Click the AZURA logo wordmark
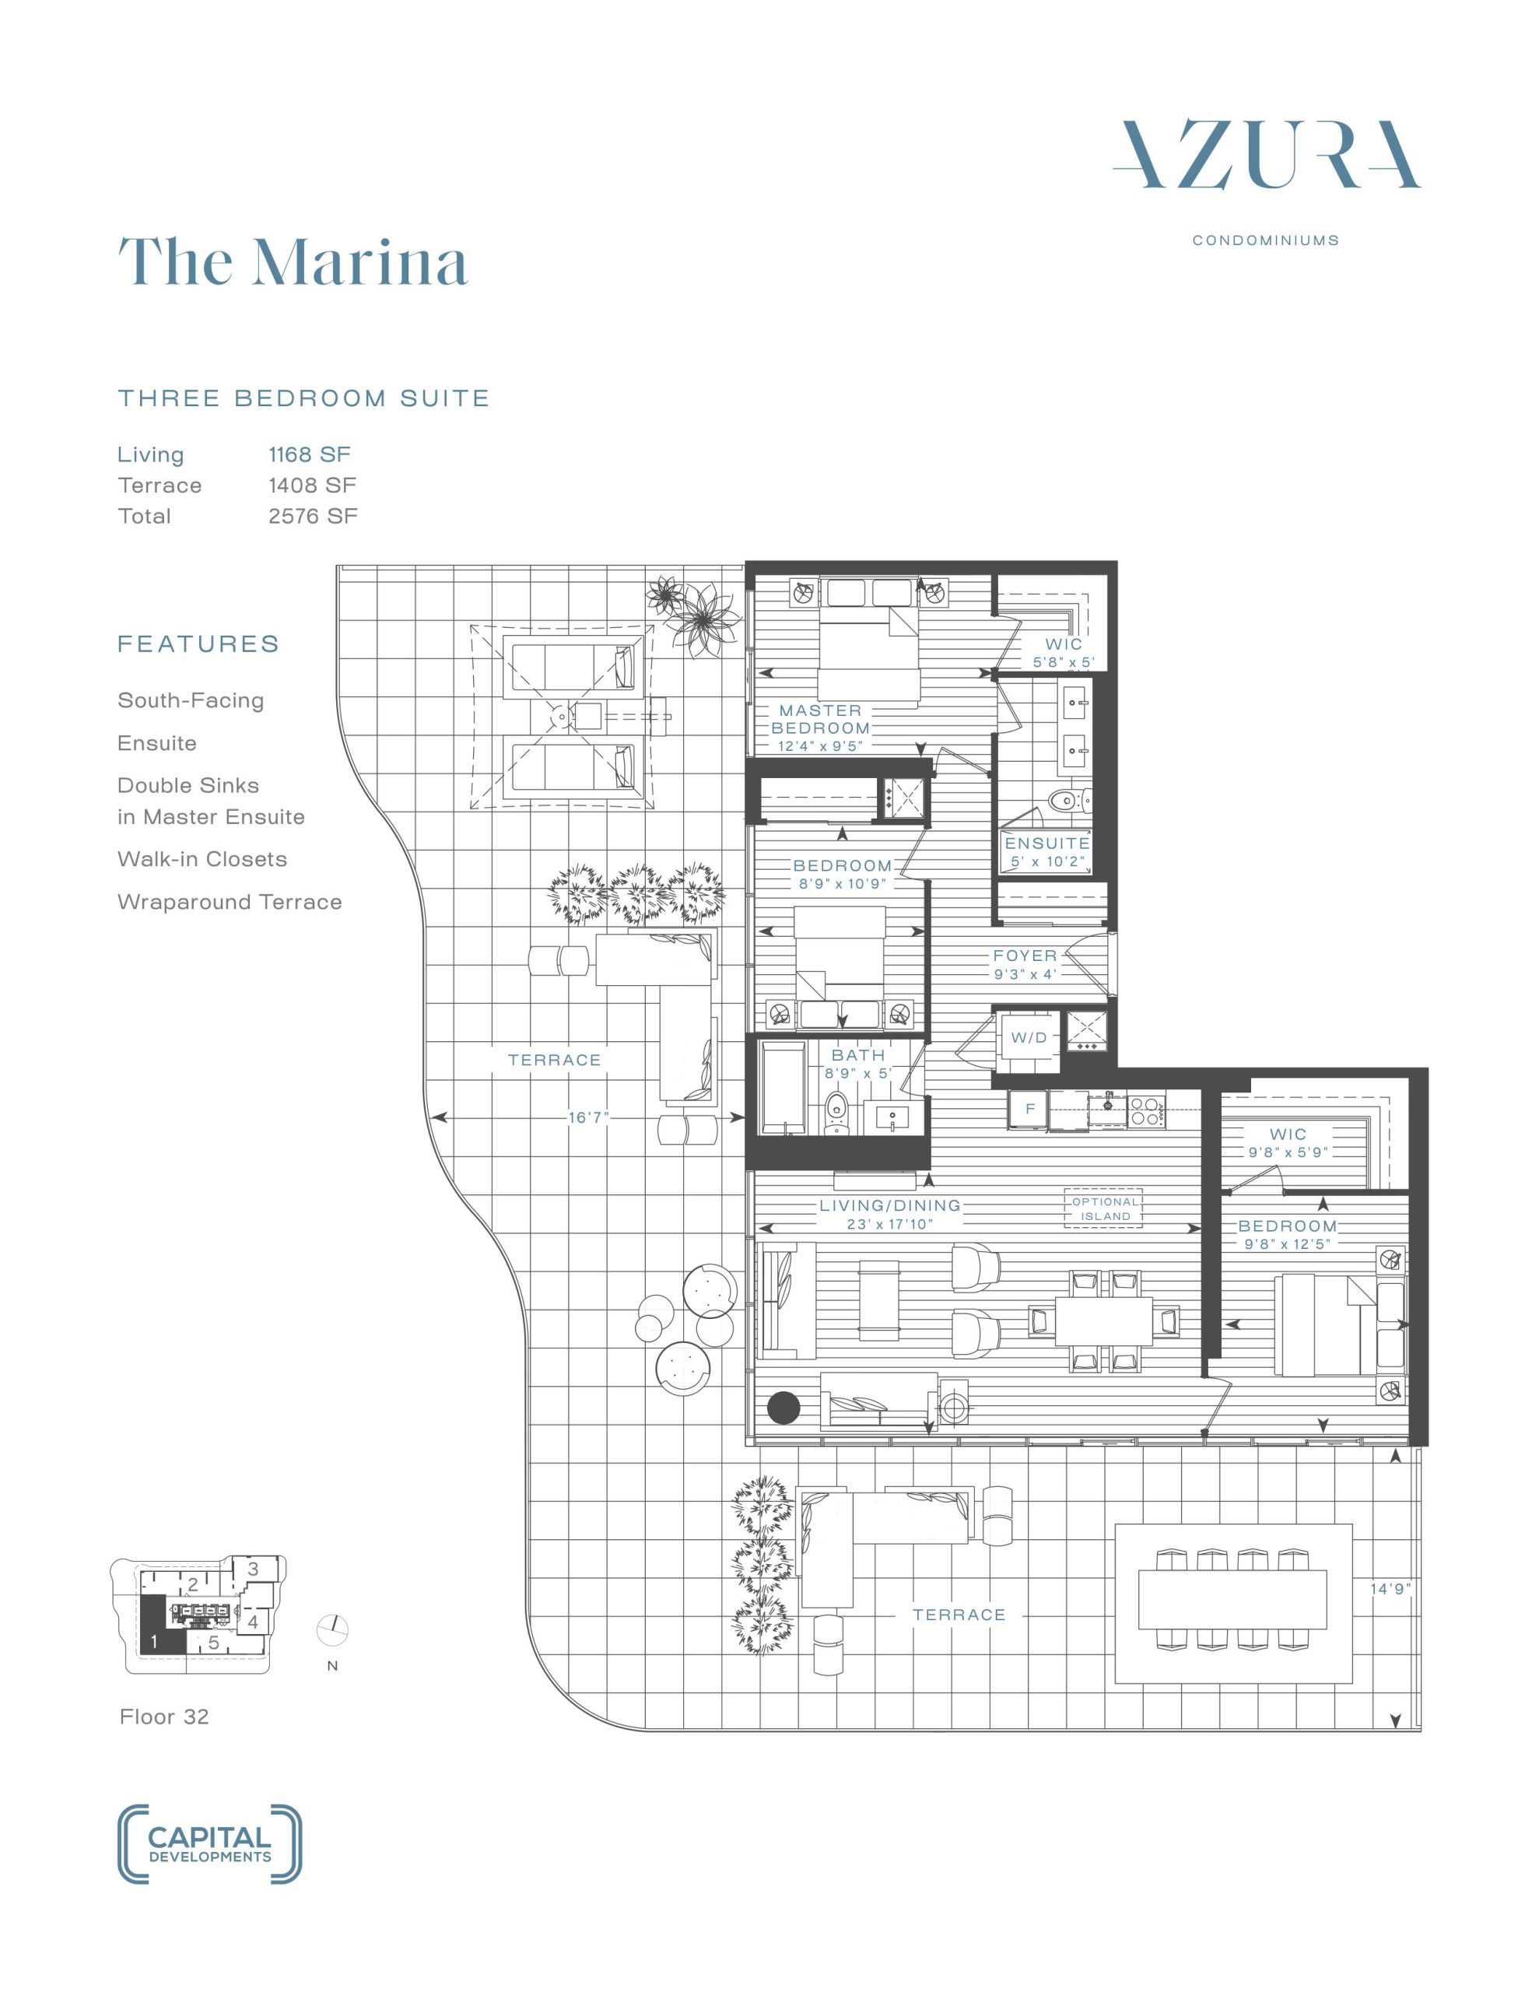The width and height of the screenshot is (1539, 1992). [x=1266, y=155]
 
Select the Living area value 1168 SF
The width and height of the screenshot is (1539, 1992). [x=309, y=454]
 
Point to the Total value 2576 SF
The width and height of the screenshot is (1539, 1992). [x=313, y=516]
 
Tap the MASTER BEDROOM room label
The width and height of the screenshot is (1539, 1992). [x=820, y=719]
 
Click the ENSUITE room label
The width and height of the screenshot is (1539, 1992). [x=1047, y=843]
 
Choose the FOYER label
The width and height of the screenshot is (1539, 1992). [x=1025, y=956]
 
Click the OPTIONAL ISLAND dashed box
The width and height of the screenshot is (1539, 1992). [x=1105, y=1209]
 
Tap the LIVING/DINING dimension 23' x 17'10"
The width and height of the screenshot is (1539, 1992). [x=889, y=1224]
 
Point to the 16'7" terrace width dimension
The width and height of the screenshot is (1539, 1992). [x=587, y=1117]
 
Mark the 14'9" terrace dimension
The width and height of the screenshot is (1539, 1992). [x=1390, y=1589]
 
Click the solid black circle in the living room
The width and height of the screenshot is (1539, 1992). [x=783, y=1408]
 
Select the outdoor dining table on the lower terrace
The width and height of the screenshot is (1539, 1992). [x=1232, y=1600]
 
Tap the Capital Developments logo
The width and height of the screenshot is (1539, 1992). [x=210, y=1844]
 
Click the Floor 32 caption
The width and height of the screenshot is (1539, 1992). [x=164, y=1717]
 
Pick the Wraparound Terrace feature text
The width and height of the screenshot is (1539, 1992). [x=230, y=902]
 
